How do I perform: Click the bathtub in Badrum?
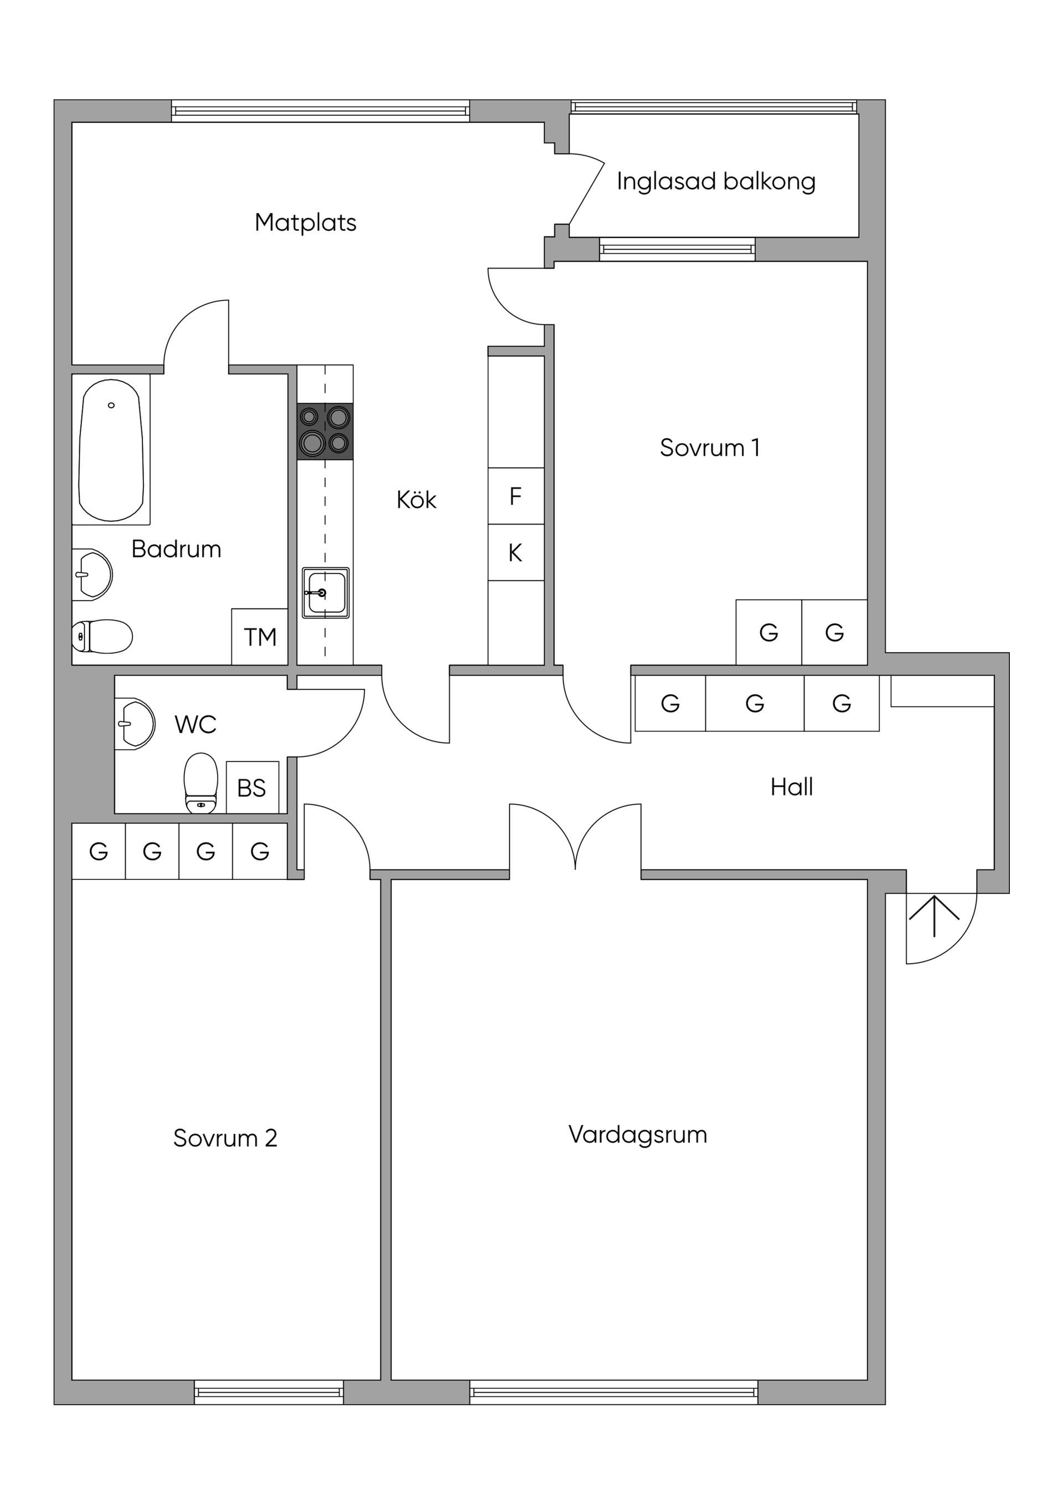(x=111, y=450)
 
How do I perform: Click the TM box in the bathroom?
(x=260, y=637)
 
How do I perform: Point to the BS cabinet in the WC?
(x=252, y=787)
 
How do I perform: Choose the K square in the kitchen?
(x=516, y=552)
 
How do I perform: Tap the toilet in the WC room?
(x=201, y=784)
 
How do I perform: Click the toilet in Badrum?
(x=102, y=636)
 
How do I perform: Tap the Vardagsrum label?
(x=638, y=1134)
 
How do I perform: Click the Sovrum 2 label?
(x=225, y=1138)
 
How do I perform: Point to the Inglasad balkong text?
(x=716, y=182)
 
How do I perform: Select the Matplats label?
(x=306, y=223)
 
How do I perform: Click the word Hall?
(x=792, y=787)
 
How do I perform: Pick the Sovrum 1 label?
(x=710, y=447)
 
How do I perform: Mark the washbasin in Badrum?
(x=92, y=574)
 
